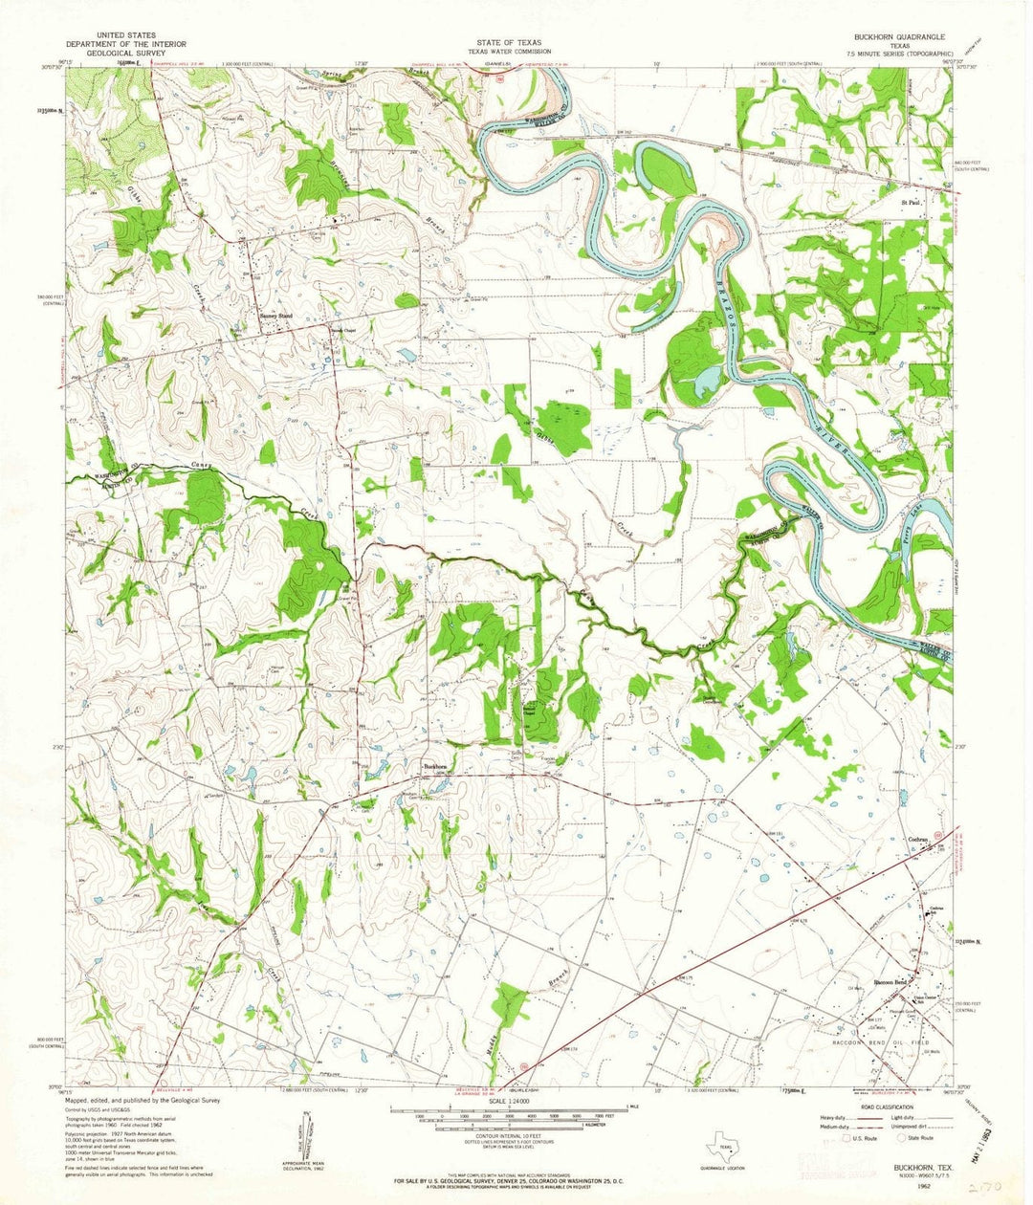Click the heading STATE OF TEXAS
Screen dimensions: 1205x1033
[516, 43]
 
